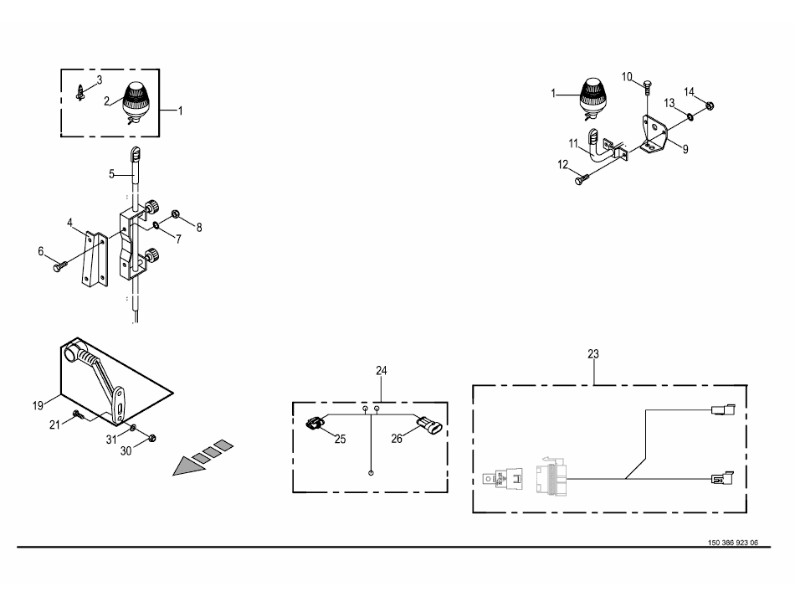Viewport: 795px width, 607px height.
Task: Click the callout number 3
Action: (100, 80)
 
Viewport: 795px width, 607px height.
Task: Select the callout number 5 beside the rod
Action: (111, 174)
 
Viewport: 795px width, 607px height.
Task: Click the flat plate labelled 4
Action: (95, 260)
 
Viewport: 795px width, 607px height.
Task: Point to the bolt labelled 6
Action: (59, 265)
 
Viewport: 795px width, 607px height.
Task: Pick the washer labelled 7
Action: (156, 224)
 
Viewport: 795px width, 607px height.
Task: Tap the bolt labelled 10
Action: (648, 87)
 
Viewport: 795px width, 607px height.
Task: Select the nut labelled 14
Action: (710, 105)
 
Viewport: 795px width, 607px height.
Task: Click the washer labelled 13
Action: (690, 117)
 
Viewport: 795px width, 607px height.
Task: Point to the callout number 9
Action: (685, 149)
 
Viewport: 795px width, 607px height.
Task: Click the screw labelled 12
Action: (582, 179)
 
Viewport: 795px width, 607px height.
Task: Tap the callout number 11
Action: (573, 143)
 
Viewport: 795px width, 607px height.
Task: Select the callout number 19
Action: (38, 405)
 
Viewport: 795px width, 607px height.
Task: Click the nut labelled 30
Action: (152, 437)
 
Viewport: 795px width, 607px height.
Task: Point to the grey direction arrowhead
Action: (187, 466)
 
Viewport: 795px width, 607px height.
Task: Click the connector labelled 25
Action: (315, 422)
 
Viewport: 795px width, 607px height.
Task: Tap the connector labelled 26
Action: (429, 424)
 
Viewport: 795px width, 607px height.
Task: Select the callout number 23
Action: (593, 354)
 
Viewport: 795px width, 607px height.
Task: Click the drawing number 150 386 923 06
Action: (733, 543)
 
